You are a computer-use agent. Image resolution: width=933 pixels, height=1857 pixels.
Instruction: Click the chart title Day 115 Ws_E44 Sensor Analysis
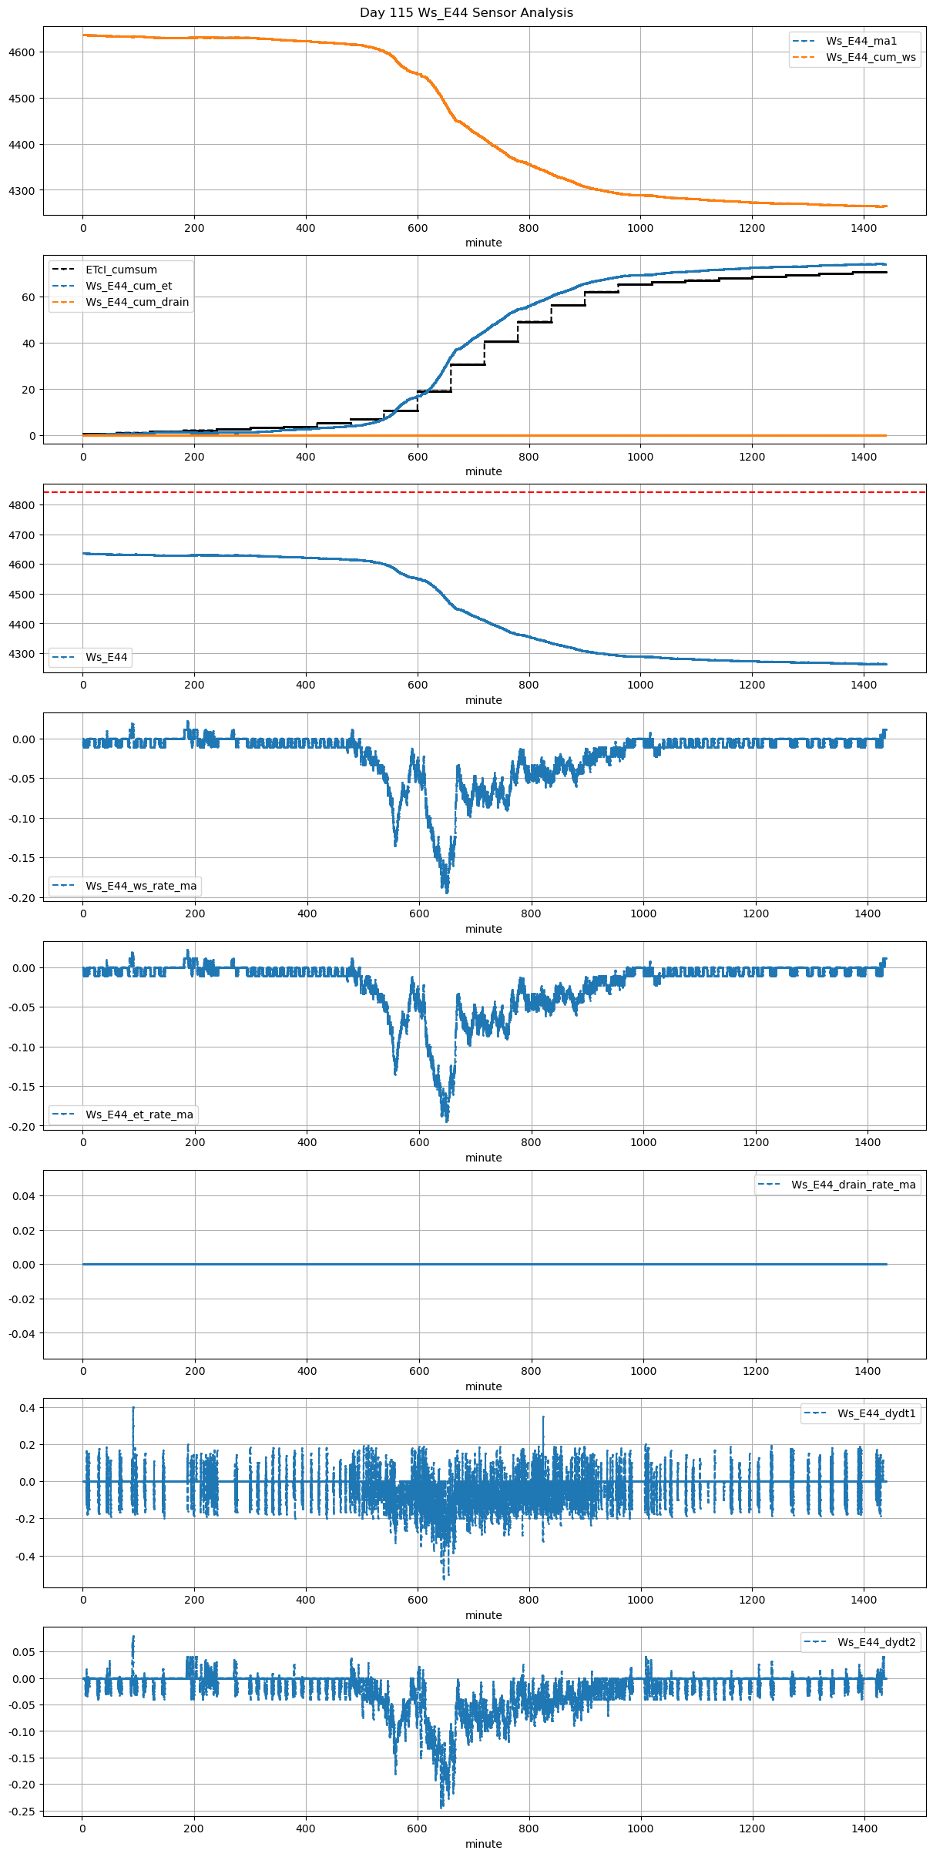[x=466, y=12]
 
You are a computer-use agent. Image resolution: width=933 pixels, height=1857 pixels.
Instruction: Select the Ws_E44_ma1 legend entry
[x=861, y=41]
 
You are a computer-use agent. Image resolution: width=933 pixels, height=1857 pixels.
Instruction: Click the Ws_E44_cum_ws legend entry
[x=871, y=57]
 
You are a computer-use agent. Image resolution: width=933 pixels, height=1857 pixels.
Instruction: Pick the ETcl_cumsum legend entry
[x=121, y=270]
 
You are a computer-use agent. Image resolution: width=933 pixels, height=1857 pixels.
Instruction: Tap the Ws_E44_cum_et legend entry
[x=129, y=286]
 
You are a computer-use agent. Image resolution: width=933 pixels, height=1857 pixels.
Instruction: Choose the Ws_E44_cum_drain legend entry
[x=137, y=302]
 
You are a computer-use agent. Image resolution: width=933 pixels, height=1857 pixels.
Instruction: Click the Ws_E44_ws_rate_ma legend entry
[x=141, y=886]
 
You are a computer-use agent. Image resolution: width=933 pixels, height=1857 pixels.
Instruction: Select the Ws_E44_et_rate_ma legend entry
[x=139, y=1115]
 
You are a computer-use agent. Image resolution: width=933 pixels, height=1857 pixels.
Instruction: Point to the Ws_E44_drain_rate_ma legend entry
[x=853, y=1185]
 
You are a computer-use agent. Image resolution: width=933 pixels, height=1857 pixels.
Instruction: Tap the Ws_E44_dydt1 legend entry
[x=876, y=1413]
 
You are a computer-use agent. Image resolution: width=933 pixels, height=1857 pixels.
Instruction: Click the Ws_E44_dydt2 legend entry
[x=876, y=1642]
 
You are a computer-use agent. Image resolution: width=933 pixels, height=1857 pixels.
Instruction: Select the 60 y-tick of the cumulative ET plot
[x=29, y=297]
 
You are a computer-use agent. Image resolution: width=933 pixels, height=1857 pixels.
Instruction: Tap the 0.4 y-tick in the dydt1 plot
[x=29, y=1408]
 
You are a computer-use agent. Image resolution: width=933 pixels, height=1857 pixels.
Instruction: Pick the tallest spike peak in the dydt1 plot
[x=133, y=1408]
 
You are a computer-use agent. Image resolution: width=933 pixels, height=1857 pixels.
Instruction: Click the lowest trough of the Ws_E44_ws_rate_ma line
[x=447, y=892]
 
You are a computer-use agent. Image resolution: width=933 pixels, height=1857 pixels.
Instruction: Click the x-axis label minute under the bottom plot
[x=483, y=1844]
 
